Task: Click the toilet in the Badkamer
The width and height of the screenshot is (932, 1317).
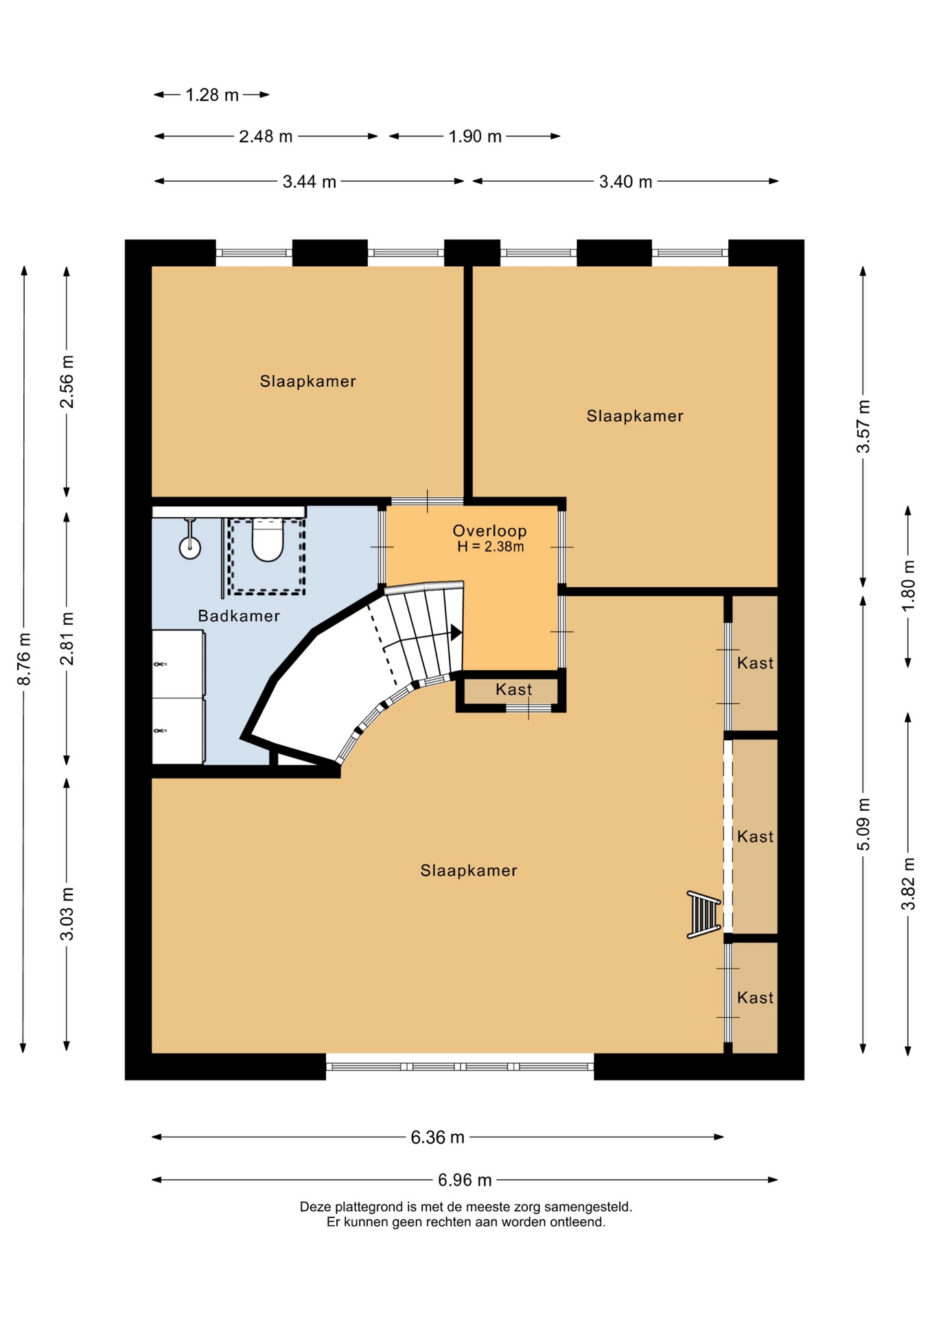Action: (x=268, y=540)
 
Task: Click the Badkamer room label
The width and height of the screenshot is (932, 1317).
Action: (x=239, y=616)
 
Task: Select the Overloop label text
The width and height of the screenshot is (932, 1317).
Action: (x=489, y=530)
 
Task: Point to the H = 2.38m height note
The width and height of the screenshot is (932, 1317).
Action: (x=490, y=547)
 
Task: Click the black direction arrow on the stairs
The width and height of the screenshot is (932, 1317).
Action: (x=456, y=632)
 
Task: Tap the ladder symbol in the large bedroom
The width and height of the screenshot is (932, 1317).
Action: (x=704, y=914)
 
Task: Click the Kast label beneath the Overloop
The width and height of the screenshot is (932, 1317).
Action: (x=514, y=689)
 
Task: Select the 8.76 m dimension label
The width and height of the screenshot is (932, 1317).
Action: (x=24, y=658)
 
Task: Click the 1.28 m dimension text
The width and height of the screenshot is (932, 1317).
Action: (x=212, y=95)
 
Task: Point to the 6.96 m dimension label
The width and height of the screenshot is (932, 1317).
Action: (x=465, y=1180)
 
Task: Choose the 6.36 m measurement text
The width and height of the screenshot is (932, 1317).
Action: (x=437, y=1137)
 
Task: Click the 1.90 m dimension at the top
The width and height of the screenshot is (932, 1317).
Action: (x=475, y=137)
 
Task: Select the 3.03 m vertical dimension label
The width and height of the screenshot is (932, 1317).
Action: (x=67, y=914)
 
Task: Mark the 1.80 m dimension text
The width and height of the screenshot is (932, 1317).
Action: (x=908, y=586)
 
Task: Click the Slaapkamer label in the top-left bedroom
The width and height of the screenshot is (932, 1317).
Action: (x=307, y=381)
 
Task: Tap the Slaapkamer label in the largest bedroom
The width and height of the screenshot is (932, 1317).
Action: (x=469, y=870)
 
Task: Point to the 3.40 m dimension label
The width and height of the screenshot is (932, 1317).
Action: (x=625, y=182)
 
